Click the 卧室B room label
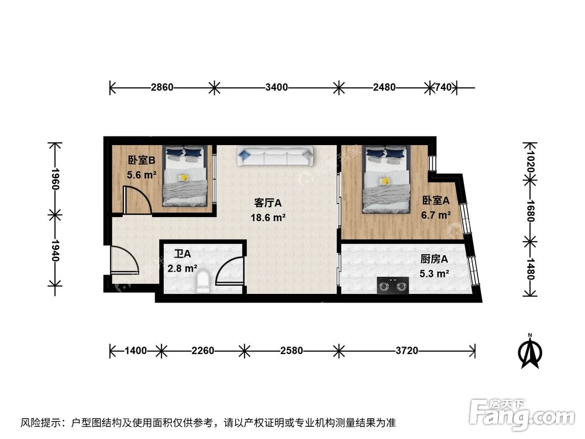(141, 160)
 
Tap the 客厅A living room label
(269, 203)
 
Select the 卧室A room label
(436, 201)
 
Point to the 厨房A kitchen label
(434, 259)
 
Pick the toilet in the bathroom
(203, 281)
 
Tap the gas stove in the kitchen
(392, 286)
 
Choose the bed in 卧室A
(387, 178)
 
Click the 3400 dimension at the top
(276, 88)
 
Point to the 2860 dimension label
(162, 88)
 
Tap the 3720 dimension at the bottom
(407, 351)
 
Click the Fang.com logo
(515, 413)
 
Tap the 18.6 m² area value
(269, 217)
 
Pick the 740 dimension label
(443, 88)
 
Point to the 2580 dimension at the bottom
(291, 351)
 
